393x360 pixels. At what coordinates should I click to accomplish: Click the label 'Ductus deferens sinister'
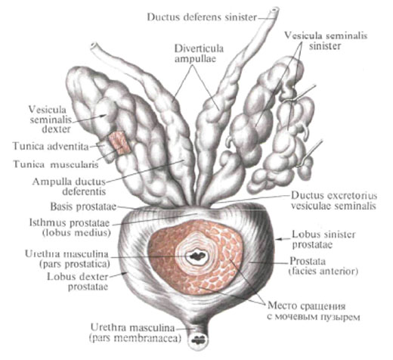click(x=202, y=17)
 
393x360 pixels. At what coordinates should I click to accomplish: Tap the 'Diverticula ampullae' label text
click(x=200, y=54)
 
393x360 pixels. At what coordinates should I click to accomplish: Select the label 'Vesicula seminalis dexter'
click(x=50, y=119)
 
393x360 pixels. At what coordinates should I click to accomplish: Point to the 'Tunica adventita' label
click(x=51, y=146)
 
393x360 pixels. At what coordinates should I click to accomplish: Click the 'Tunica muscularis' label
click(x=56, y=164)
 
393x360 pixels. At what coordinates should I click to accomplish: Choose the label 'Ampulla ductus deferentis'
click(x=69, y=187)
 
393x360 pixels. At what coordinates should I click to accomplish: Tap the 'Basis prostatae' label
click(x=83, y=206)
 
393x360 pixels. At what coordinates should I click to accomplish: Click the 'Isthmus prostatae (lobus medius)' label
click(x=70, y=228)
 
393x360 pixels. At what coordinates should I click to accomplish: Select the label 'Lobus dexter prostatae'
click(x=78, y=281)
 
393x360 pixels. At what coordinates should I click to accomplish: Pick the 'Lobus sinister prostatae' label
click(x=323, y=240)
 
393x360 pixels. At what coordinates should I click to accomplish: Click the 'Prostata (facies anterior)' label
click(x=323, y=266)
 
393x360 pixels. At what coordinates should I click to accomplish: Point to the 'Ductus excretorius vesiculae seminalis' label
click(x=334, y=201)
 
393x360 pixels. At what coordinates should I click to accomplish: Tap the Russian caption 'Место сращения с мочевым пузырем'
click(x=314, y=312)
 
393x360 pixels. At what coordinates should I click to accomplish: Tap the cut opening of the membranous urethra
click(x=198, y=340)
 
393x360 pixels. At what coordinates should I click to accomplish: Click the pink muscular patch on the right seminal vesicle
click(x=119, y=143)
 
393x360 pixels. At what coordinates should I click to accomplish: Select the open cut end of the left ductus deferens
click(x=274, y=11)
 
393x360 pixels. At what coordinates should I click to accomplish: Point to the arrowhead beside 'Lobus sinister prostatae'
click(x=277, y=239)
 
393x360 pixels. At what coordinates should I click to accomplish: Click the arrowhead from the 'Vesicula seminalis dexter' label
click(x=104, y=116)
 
